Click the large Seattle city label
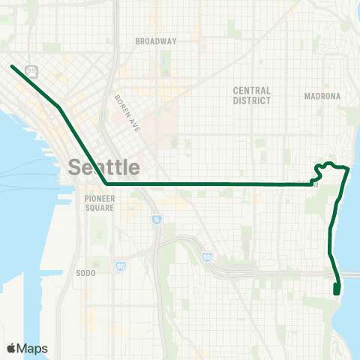pos(104,166)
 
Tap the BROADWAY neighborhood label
pos(155,41)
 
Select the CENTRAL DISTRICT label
pos(251,95)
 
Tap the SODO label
pos(85,273)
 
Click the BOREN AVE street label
pos(127,112)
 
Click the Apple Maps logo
pos(27,348)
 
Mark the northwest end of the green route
pos(12,67)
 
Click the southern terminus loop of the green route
pos(336,289)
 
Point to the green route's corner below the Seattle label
pos(106,183)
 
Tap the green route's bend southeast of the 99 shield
pos(59,108)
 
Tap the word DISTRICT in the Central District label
pos(251,100)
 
